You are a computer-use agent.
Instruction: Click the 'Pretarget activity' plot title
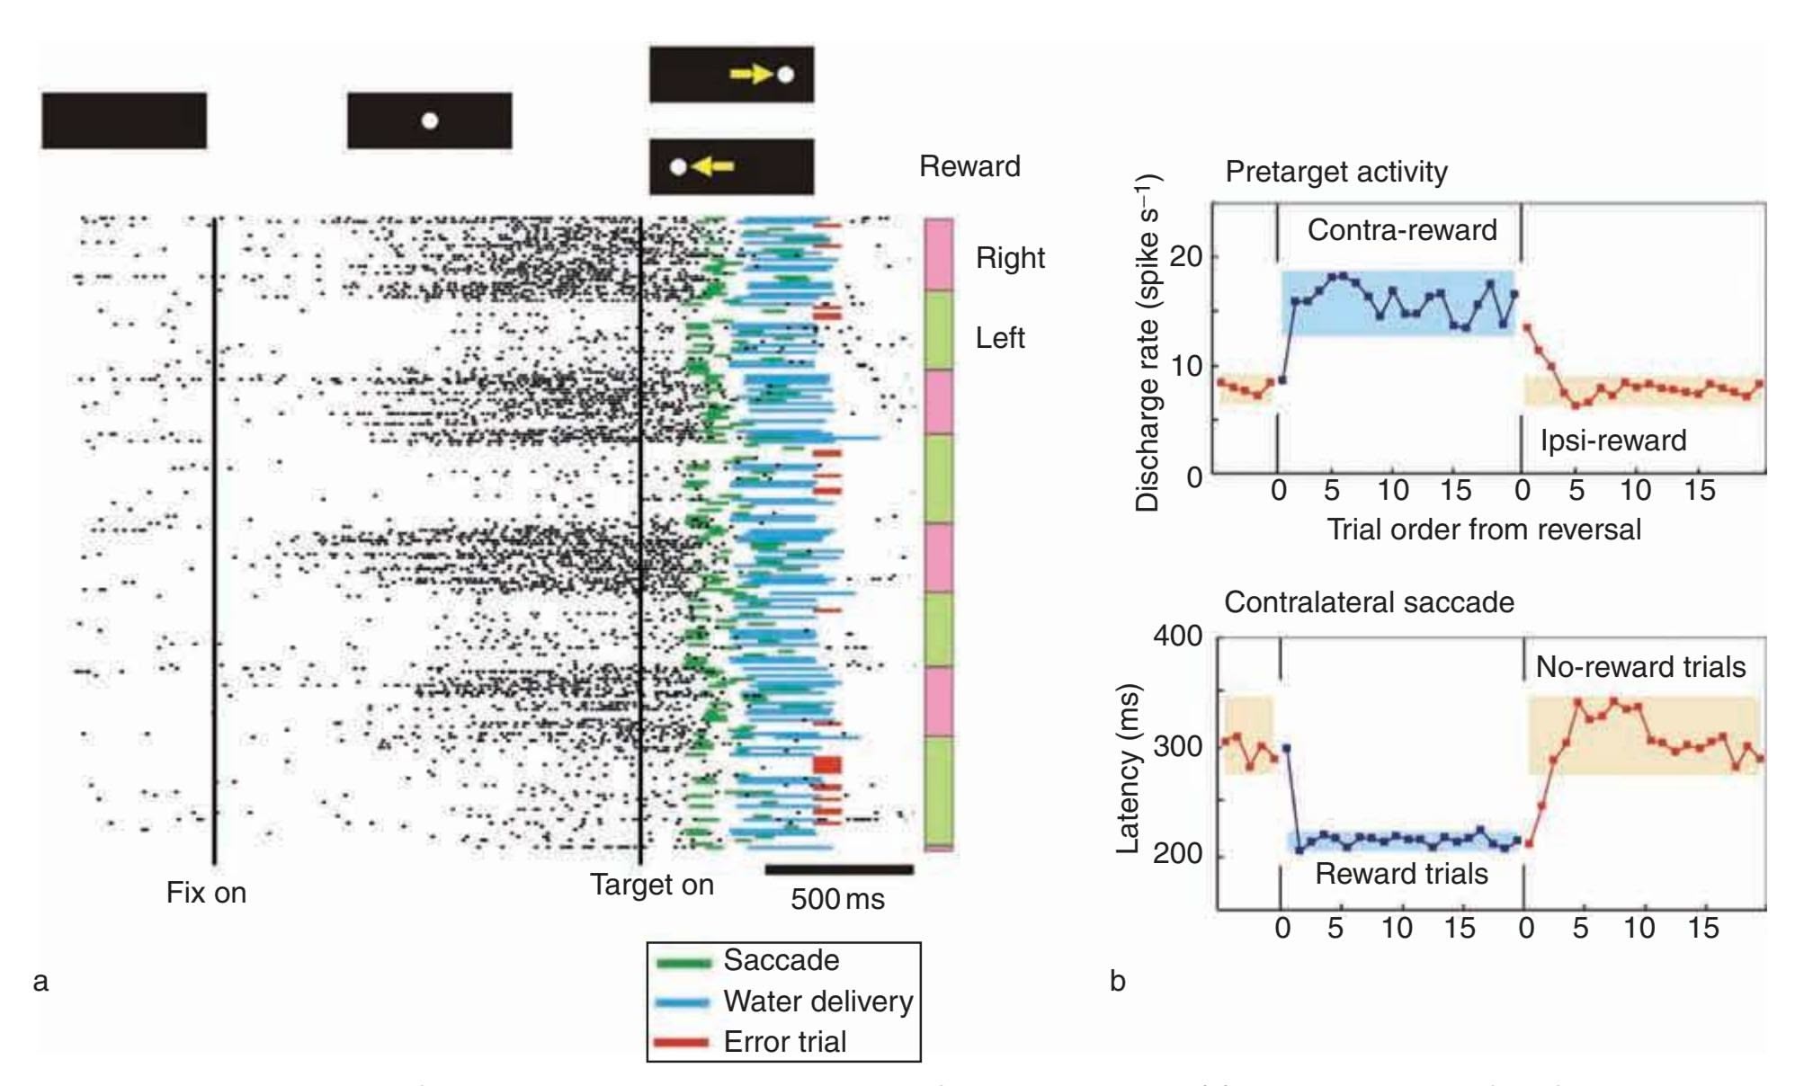tap(1335, 172)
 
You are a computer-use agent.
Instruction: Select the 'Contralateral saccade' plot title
tap(1369, 602)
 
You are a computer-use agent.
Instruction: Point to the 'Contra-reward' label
tap(1402, 230)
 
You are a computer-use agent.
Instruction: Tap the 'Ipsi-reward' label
tap(1613, 441)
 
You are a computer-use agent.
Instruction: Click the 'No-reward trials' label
tap(1640, 667)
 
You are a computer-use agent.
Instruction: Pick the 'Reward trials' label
tap(1401, 874)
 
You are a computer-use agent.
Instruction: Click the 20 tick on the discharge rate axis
tap(1185, 257)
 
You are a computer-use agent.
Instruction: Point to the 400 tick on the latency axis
tap(1177, 636)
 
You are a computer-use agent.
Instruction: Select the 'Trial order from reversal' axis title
tap(1484, 530)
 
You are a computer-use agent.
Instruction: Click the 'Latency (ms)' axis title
tap(1128, 769)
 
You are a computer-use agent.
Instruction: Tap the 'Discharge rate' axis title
tap(1148, 342)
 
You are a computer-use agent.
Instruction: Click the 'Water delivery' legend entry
tap(817, 1001)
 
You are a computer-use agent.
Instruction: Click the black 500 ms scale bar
tap(838, 869)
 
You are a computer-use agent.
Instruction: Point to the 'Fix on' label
tap(206, 893)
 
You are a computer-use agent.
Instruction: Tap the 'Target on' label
tap(651, 886)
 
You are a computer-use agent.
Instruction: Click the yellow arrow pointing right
tap(752, 74)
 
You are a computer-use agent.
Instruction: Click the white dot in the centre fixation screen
tap(430, 120)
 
